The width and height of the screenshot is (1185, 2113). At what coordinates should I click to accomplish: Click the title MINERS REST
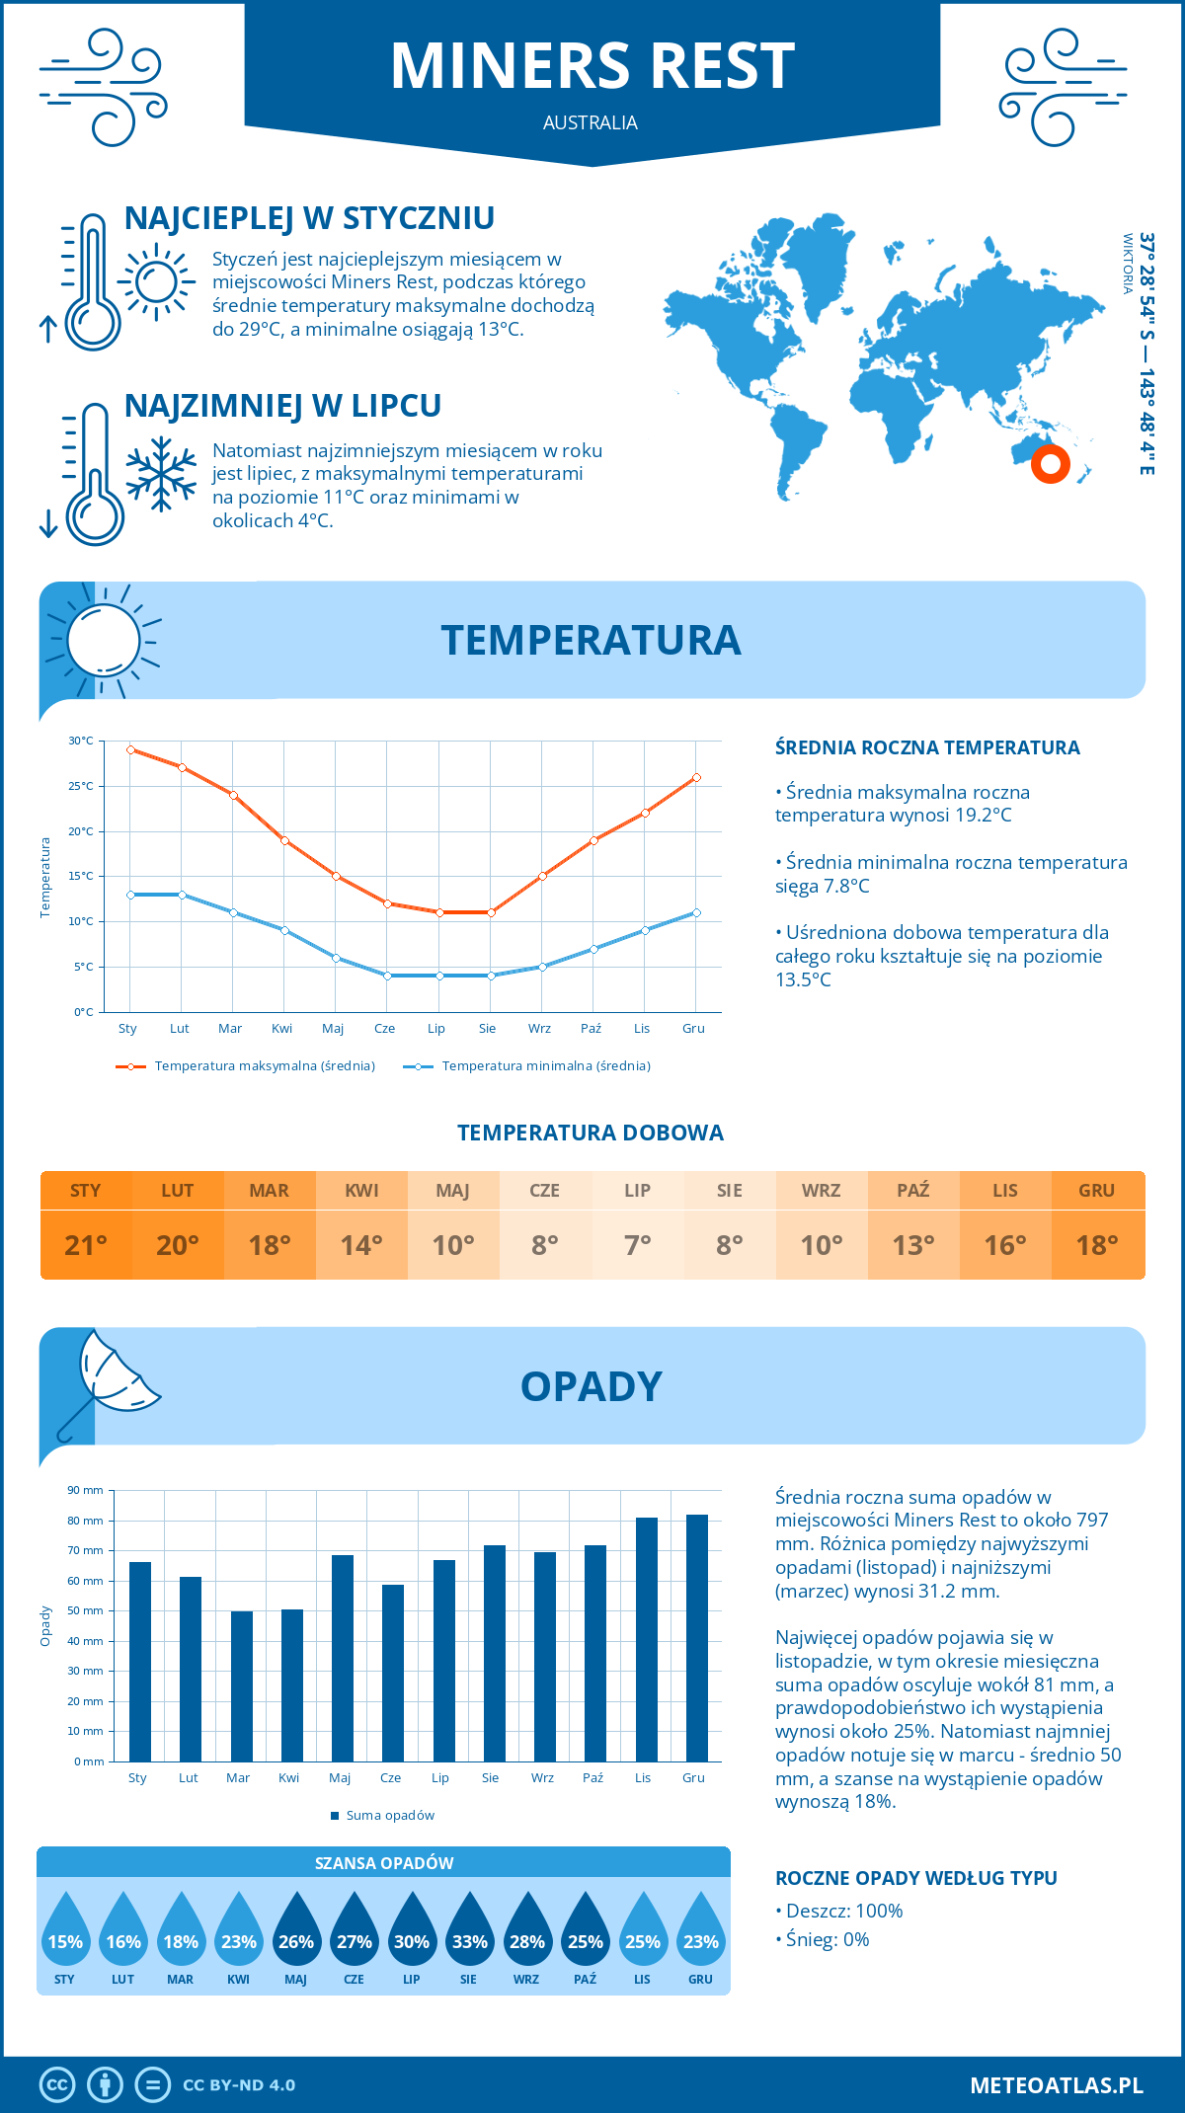(592, 67)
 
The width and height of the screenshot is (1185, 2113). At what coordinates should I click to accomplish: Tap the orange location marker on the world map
(1050, 463)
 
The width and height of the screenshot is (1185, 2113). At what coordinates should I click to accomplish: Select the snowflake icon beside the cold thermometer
(161, 474)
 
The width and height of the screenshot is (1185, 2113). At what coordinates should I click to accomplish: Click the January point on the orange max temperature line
(130, 749)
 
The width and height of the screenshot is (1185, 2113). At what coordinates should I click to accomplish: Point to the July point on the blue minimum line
(439, 976)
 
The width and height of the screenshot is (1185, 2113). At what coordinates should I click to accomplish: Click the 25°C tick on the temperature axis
(81, 786)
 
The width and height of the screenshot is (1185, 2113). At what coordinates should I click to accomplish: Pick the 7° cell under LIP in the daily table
(637, 1245)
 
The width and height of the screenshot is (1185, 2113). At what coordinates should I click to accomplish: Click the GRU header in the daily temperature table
(1096, 1191)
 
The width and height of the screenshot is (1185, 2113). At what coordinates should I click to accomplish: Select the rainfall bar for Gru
(696, 1638)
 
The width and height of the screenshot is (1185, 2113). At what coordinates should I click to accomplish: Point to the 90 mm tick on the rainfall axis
(86, 1490)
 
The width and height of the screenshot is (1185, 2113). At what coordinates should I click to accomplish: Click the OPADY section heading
(591, 1386)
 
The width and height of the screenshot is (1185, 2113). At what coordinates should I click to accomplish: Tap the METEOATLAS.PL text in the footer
(1056, 2085)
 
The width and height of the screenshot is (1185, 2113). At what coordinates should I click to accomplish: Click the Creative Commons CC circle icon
(57, 2085)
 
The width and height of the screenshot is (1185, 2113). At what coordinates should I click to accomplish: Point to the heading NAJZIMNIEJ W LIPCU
(282, 406)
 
